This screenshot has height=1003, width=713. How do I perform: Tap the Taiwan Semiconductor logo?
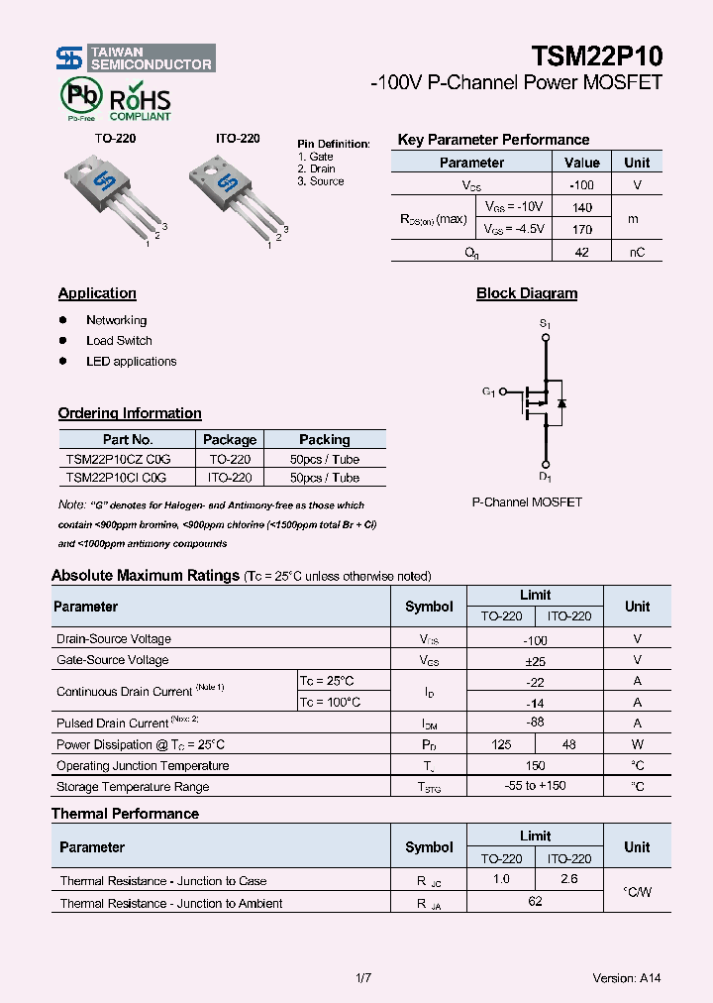pyautogui.click(x=136, y=57)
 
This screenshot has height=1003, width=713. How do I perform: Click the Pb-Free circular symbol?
pyautogui.click(x=80, y=98)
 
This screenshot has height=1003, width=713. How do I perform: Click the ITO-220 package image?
pyautogui.click(x=234, y=193)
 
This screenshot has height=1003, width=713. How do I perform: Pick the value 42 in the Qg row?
pyautogui.click(x=581, y=253)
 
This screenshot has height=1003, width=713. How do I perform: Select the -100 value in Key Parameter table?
pyautogui.click(x=581, y=185)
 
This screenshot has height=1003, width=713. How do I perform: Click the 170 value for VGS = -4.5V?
pyautogui.click(x=581, y=230)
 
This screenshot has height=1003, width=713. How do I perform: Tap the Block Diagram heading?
pyautogui.click(x=527, y=293)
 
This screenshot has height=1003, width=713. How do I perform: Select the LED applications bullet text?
pyautogui.click(x=131, y=362)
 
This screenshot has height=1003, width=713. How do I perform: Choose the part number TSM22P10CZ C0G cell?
pyautogui.click(x=118, y=460)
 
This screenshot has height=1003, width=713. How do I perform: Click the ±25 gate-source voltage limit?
pyautogui.click(x=535, y=661)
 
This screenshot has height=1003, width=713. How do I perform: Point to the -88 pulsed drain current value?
pyautogui.click(x=535, y=723)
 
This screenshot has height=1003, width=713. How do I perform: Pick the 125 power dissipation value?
pyautogui.click(x=501, y=744)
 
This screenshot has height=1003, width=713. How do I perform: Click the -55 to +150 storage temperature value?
pyautogui.click(x=535, y=786)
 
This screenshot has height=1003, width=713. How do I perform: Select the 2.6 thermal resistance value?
pyautogui.click(x=569, y=879)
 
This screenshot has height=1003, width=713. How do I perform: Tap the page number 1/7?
pyautogui.click(x=362, y=978)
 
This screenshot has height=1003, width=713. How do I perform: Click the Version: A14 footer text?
pyautogui.click(x=626, y=978)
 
